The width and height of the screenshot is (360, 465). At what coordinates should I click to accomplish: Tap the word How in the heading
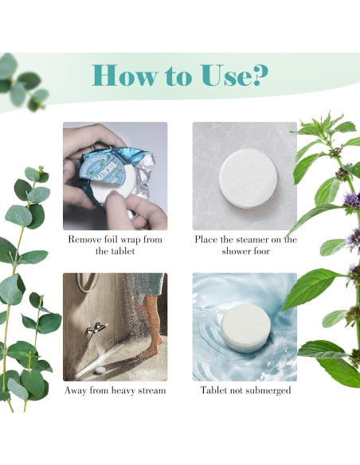point(123,76)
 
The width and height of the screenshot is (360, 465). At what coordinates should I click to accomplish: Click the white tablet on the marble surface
point(248,178)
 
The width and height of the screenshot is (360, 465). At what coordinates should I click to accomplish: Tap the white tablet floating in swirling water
point(246,328)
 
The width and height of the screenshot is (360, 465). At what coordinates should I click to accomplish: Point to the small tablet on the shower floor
point(100,369)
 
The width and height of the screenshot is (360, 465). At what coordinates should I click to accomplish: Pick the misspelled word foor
point(262,251)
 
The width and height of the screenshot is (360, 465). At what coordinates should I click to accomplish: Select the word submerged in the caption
point(268,391)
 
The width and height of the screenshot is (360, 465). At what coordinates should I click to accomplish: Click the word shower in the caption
point(236,251)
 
